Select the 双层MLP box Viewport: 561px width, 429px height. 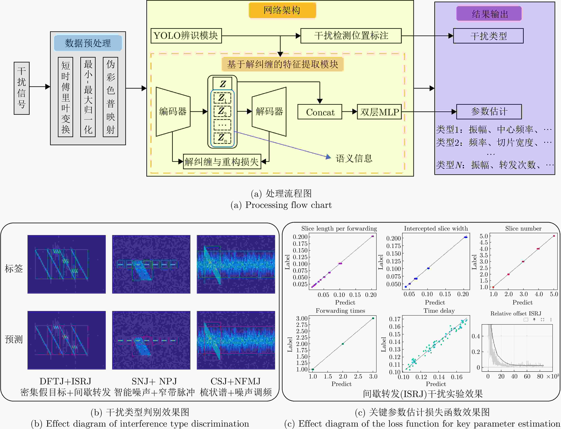379,112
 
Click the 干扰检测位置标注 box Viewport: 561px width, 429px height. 351,36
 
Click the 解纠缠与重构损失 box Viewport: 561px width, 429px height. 222,161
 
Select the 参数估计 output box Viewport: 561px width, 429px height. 489,112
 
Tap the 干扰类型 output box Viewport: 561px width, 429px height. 488,36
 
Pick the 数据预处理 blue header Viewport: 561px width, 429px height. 88,43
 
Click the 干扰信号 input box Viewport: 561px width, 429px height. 22,88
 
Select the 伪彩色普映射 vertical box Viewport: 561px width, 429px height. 110,97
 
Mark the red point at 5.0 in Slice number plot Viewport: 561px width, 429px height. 554,236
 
